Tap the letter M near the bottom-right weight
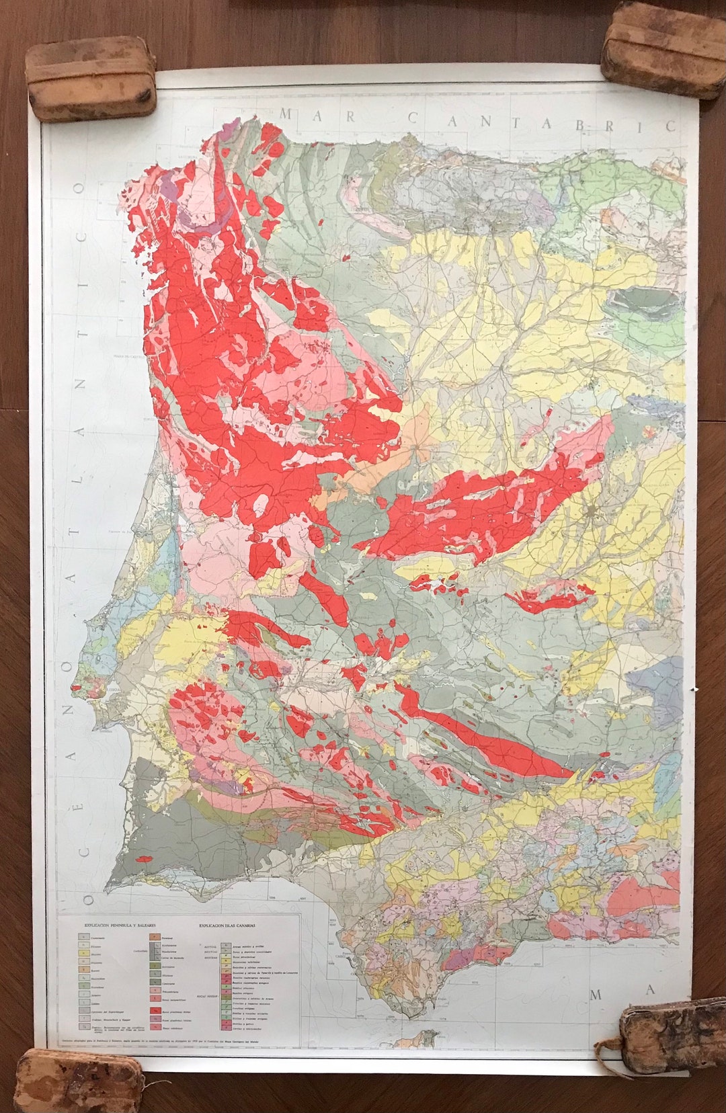pyautogui.click(x=596, y=995)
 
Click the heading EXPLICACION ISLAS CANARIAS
pyautogui.click(x=231, y=925)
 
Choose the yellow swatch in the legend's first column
pyautogui.click(x=82, y=954)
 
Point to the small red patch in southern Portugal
pyautogui.click(x=143, y=858)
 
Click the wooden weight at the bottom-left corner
pyautogui.click(x=78, y=1080)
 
